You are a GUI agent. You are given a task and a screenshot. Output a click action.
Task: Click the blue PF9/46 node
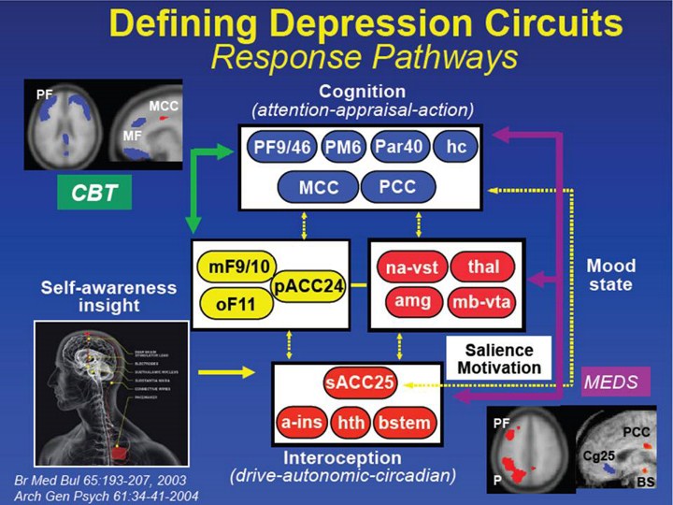click(x=282, y=148)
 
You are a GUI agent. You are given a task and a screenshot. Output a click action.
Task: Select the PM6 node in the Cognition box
click(x=344, y=148)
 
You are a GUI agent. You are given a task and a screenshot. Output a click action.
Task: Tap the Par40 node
click(x=402, y=148)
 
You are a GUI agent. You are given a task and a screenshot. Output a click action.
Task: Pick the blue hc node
click(x=456, y=148)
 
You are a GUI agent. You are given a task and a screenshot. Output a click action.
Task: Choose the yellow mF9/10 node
click(x=234, y=269)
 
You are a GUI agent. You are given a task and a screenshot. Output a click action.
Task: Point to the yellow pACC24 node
click(x=307, y=285)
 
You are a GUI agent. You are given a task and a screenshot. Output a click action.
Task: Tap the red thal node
click(x=482, y=268)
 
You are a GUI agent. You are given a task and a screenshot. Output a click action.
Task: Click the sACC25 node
click(x=361, y=383)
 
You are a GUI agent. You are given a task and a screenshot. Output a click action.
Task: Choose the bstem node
click(x=403, y=423)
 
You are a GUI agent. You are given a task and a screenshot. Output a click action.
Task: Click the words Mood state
click(x=610, y=275)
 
